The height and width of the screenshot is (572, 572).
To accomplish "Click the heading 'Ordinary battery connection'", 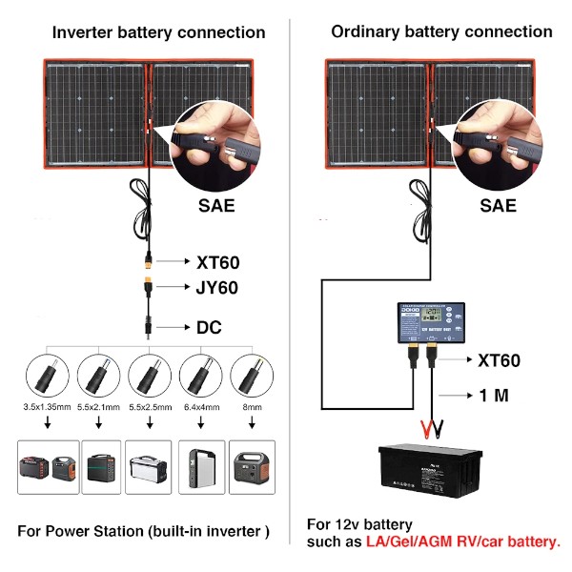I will point(441,31).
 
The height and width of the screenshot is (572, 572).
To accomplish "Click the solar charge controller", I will point(430,323).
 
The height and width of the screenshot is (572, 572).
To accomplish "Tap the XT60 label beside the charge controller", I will point(498,360).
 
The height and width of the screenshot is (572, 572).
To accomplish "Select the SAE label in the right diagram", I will point(498,205).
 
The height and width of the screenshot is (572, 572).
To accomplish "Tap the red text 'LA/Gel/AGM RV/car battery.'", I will point(462,541).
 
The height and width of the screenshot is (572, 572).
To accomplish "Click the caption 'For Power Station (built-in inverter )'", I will point(144,530).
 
